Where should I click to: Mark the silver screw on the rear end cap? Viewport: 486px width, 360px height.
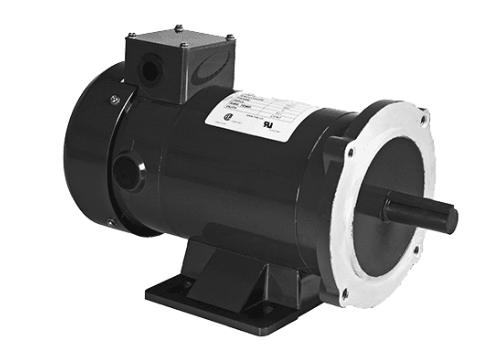(115, 98)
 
